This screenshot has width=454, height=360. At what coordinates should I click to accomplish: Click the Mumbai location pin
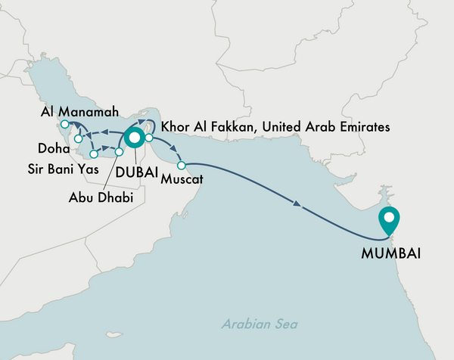(x=389, y=219)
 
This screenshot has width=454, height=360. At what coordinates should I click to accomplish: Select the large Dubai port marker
(x=135, y=138)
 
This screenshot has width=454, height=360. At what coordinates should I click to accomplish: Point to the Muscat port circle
(x=181, y=165)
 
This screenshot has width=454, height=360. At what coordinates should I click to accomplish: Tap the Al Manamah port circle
(x=65, y=125)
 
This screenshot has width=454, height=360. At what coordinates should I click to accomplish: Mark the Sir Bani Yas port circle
(x=94, y=154)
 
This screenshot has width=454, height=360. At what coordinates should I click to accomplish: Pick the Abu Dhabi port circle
(x=118, y=152)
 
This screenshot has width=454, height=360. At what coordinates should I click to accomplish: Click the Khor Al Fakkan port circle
(x=150, y=138)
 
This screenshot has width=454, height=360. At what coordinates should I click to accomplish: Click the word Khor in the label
(x=176, y=129)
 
